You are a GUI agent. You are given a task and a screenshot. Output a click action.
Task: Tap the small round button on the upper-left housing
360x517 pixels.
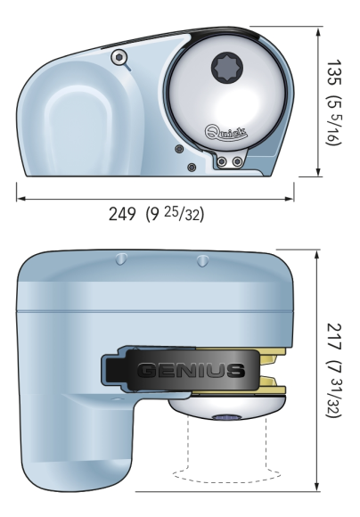coord(118,58)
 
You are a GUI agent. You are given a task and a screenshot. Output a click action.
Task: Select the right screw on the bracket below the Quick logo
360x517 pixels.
coord(236,161)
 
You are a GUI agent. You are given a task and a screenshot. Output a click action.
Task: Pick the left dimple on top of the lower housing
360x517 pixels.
coord(120,260)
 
